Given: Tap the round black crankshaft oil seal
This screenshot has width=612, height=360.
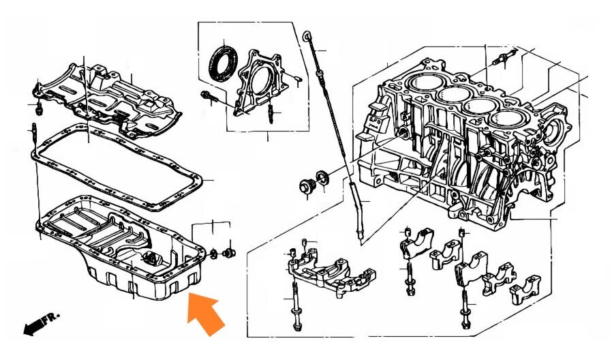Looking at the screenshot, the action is [x=224, y=63].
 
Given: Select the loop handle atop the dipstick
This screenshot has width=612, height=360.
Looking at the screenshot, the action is [x=307, y=37].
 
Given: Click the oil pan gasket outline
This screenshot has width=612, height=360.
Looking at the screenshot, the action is [x=117, y=167].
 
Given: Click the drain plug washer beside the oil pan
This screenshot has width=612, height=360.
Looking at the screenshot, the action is [x=214, y=254].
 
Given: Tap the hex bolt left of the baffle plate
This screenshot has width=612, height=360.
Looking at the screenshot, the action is [x=39, y=110].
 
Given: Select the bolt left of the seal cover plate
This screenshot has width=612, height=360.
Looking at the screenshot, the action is [x=209, y=97].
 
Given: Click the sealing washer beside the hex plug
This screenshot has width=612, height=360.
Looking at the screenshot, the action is [x=323, y=178].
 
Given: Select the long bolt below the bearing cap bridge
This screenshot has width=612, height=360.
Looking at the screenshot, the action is [x=296, y=305].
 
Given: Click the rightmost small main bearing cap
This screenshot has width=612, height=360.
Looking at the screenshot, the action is [x=525, y=290].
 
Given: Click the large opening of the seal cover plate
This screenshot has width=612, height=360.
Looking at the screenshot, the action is [x=261, y=82].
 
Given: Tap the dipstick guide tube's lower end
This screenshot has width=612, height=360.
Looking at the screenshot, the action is [x=361, y=235].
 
